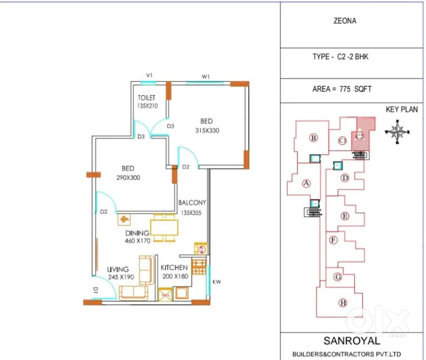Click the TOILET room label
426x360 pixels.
coord(147,98)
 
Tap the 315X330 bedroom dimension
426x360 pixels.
coord(207,130)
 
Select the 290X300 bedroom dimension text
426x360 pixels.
coord(128,178)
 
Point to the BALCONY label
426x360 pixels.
coord(192,203)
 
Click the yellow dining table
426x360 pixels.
coord(164,228)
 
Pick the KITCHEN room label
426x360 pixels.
coord(174,268)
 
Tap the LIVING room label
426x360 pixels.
coord(118,270)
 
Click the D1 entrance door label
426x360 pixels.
coord(95,290)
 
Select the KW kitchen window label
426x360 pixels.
coord(216,282)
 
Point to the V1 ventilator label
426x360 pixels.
coord(149,75)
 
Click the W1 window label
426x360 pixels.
coord(206,77)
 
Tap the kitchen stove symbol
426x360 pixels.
coord(199,267)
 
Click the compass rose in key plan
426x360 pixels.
coord(397,132)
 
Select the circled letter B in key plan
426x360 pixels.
coord(314,138)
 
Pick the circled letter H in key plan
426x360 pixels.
coord(343,302)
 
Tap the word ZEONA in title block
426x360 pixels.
coord(345,21)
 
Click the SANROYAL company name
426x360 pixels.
coord(352,341)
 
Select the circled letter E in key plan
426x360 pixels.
coord(345,216)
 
